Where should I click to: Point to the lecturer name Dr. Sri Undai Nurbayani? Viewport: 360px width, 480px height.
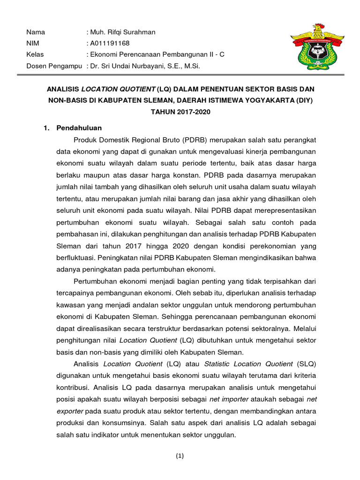coord(135,66)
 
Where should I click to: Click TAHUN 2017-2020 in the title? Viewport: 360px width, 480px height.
coord(180,112)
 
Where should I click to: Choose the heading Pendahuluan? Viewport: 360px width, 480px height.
coord(79,127)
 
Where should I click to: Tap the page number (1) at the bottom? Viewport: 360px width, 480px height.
coord(180,456)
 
